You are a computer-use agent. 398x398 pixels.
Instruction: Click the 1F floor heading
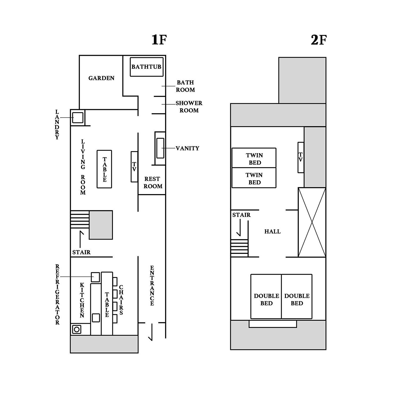[x=159, y=40]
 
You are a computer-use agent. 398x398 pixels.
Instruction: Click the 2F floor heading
[x=318, y=40]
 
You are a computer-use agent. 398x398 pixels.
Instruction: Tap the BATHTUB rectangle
[x=147, y=67]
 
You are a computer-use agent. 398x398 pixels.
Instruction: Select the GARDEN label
[x=101, y=78]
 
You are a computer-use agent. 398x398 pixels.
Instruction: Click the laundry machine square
[x=78, y=117]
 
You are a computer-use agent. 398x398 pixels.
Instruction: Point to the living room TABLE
[x=104, y=169]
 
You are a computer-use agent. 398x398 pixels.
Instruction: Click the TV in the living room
[x=134, y=167]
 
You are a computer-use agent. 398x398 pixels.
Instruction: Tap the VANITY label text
[x=187, y=148]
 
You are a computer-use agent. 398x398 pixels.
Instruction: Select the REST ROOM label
[x=153, y=183]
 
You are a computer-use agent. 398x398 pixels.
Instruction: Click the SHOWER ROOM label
[x=189, y=107]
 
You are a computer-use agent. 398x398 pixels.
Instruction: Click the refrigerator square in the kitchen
[x=95, y=277]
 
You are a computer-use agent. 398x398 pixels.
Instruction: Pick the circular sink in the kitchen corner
[x=77, y=329]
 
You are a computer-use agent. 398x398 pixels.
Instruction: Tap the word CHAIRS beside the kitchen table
[x=121, y=300]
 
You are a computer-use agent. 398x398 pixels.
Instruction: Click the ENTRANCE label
[x=152, y=286]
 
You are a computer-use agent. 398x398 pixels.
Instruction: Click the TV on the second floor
[x=301, y=157]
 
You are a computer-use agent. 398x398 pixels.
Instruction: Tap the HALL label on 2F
[x=272, y=232]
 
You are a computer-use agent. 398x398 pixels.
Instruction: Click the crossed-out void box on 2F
[x=312, y=222]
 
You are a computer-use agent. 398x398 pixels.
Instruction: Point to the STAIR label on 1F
[x=82, y=252]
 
